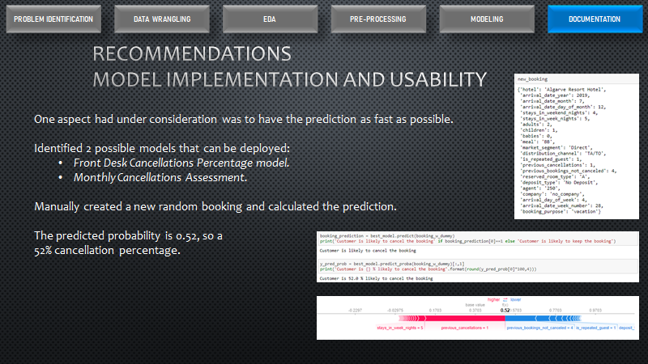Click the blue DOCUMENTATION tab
[x=595, y=19]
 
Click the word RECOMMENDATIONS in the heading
[x=192, y=54]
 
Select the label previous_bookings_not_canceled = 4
[x=543, y=329]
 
